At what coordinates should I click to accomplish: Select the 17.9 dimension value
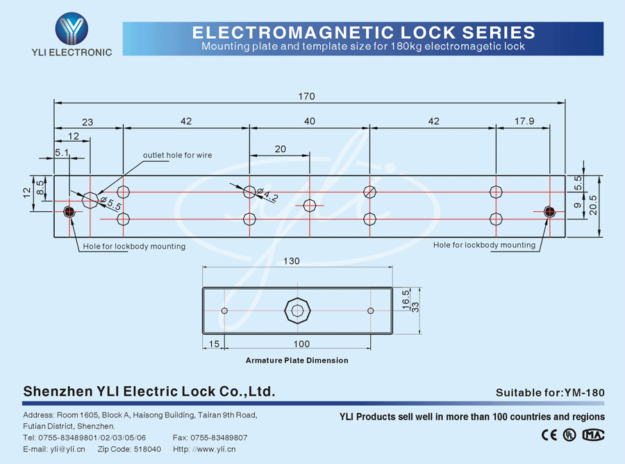click(x=525, y=121)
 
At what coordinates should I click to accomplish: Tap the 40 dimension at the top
click(x=310, y=121)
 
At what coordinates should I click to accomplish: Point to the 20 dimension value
click(x=280, y=149)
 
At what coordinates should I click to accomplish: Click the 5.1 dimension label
click(x=61, y=152)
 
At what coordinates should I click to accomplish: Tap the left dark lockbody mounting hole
click(x=69, y=211)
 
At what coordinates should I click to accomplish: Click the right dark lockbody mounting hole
click(x=549, y=211)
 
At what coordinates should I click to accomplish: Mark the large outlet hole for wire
click(x=90, y=200)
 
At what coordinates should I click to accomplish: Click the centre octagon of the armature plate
click(x=297, y=310)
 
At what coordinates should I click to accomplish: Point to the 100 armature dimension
click(x=301, y=344)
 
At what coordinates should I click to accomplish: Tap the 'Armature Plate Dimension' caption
click(x=297, y=361)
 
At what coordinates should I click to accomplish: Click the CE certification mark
click(x=549, y=435)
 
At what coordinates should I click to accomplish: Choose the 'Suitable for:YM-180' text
click(x=550, y=392)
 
